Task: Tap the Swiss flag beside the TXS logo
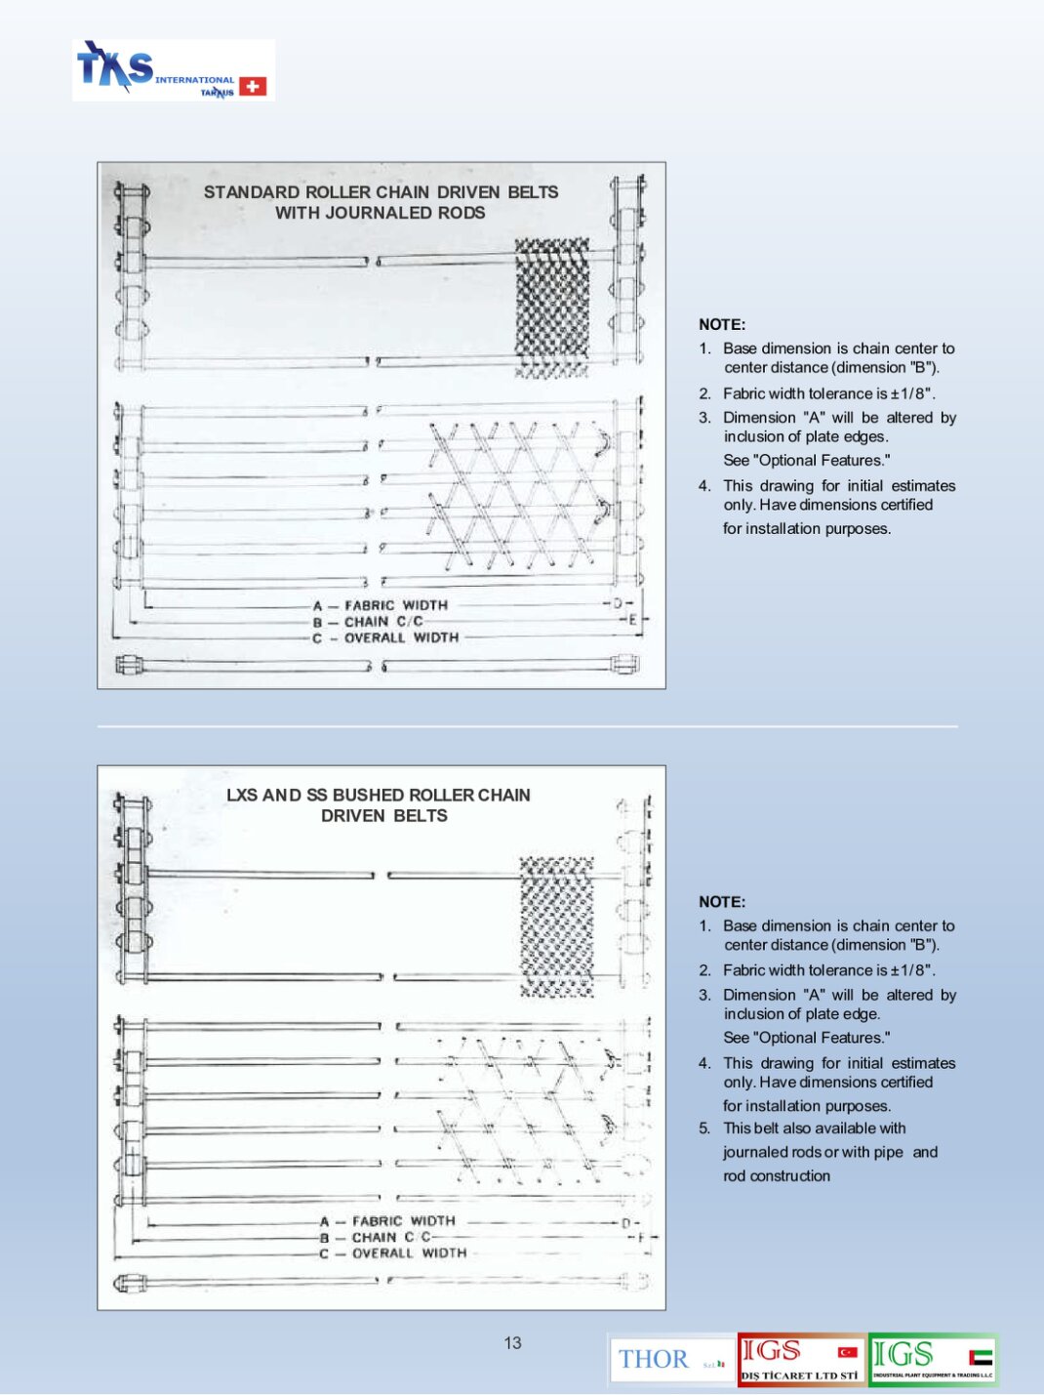(253, 87)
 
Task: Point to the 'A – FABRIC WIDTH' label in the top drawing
(381, 605)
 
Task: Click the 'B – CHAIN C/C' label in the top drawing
(369, 622)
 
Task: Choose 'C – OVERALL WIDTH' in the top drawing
(385, 638)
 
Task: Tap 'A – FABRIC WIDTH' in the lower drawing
(388, 1221)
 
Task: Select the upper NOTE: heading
(722, 325)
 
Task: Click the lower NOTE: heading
(722, 902)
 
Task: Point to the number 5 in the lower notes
(703, 1128)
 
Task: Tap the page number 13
(513, 1343)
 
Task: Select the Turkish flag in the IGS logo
(848, 1353)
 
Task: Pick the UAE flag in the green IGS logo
(981, 1357)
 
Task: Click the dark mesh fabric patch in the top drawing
(552, 307)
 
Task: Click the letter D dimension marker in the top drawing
(618, 604)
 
